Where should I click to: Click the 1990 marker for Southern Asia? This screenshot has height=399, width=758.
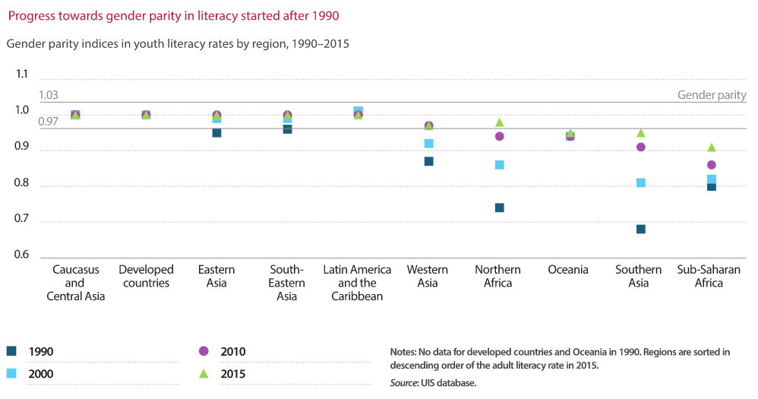[641, 229]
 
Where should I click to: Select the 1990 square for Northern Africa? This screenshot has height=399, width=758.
[500, 207]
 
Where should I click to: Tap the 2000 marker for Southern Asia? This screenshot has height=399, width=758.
[641, 182]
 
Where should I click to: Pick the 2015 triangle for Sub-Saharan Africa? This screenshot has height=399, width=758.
[712, 147]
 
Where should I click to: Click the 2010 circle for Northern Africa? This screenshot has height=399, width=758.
[500, 137]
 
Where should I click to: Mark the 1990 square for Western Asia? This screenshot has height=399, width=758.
[429, 161]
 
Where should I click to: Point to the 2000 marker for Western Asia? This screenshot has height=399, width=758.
[429, 143]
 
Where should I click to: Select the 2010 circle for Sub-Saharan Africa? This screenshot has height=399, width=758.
[712, 165]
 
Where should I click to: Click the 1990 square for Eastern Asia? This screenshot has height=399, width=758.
[216, 132]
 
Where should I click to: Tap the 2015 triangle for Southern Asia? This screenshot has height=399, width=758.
[641, 133]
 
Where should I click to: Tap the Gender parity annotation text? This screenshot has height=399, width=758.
[712, 96]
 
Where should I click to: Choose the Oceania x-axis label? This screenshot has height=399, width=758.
[568, 270]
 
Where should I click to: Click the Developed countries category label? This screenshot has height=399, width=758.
[146, 277]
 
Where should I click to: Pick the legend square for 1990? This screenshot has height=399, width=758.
[11, 351]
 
